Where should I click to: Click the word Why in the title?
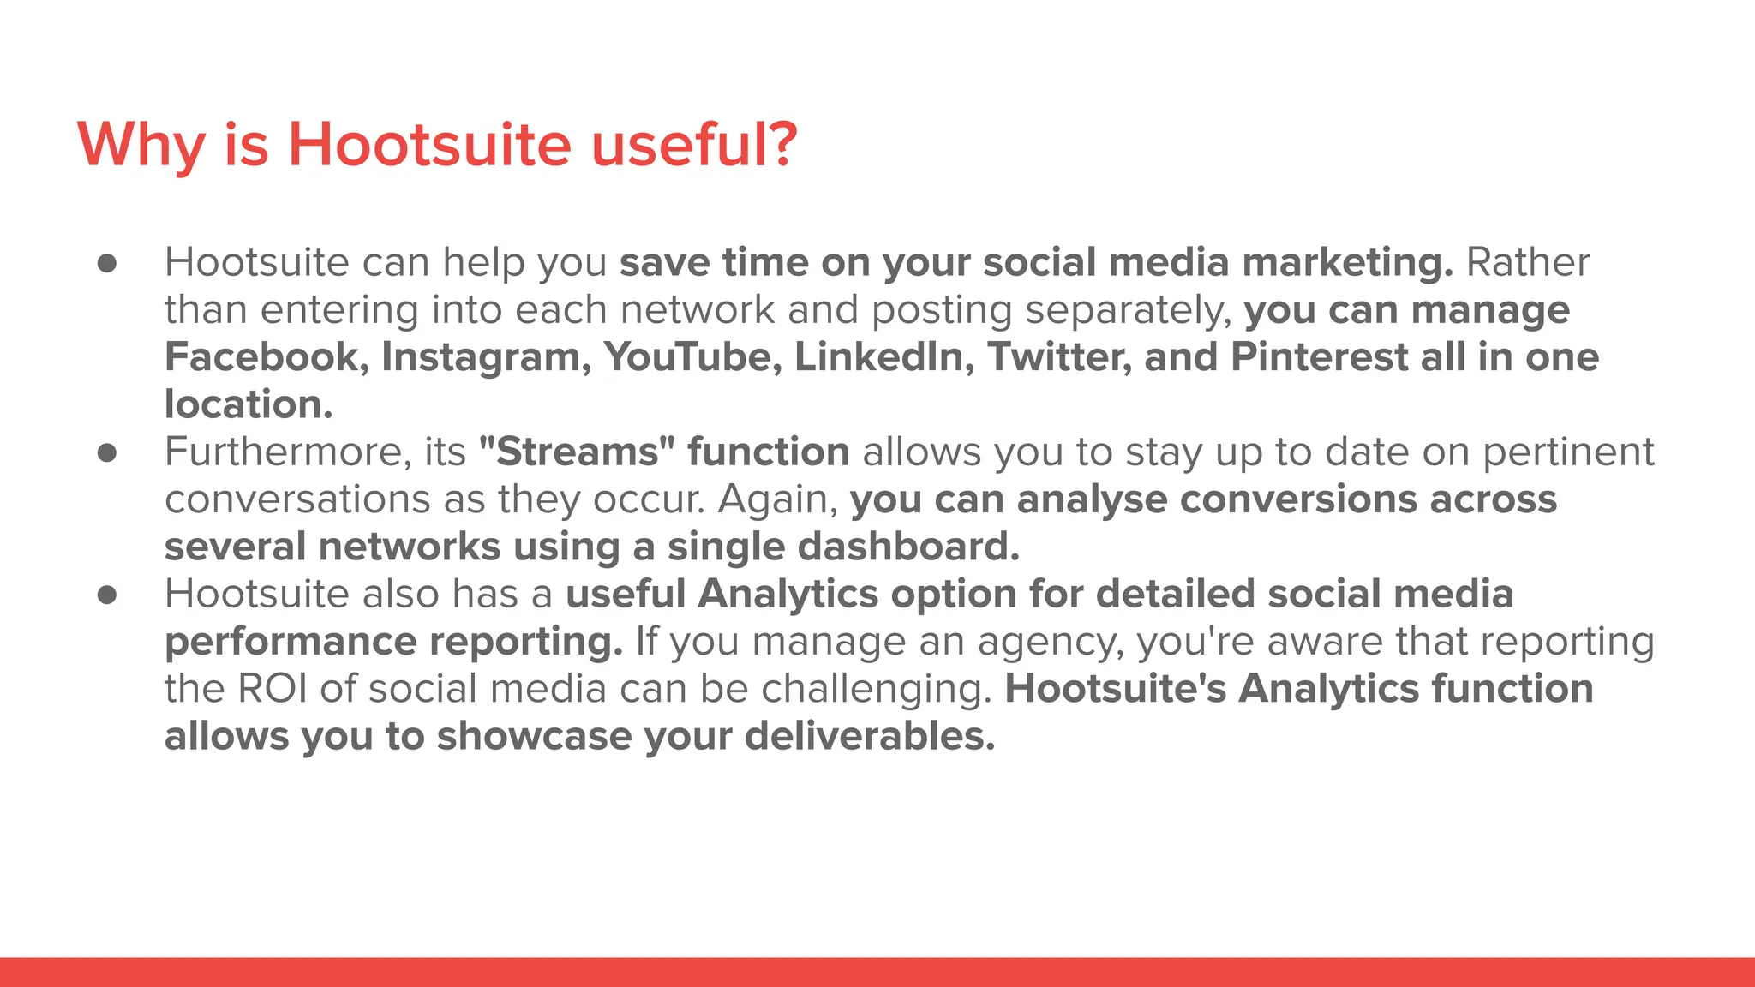[141, 146]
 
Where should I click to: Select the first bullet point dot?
[107, 263]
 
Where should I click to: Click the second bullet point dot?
[107, 452]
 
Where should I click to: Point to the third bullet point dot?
[107, 595]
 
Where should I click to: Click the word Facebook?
[266, 357]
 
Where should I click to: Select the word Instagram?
[485, 357]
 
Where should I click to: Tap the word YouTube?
[692, 357]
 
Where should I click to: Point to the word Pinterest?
[1319, 357]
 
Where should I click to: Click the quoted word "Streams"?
[577, 452]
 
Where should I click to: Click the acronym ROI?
[272, 689]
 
